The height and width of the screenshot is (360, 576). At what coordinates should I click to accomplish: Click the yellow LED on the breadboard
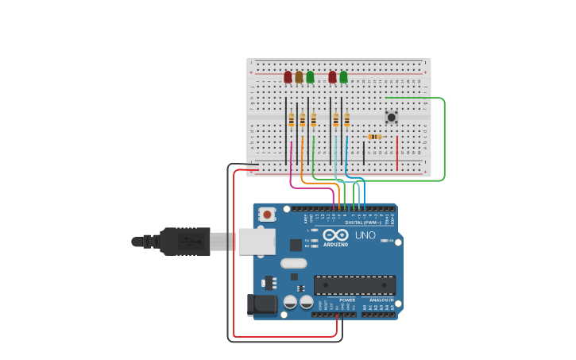(299, 77)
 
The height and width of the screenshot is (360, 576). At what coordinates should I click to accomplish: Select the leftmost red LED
(288, 77)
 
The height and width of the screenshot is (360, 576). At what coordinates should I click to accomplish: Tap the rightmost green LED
(343, 77)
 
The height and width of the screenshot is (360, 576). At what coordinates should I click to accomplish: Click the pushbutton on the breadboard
(391, 117)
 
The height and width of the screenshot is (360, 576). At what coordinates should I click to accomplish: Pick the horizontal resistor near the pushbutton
(374, 137)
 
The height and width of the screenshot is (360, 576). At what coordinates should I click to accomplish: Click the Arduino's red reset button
(268, 214)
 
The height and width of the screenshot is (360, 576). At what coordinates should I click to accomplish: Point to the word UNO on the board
(365, 235)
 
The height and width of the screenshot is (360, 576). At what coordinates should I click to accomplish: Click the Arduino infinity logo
(335, 235)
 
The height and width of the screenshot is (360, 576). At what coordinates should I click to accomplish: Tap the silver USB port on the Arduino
(257, 242)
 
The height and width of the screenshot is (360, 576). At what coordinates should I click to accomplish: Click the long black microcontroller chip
(354, 285)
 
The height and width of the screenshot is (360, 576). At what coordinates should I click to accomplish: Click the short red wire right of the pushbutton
(397, 153)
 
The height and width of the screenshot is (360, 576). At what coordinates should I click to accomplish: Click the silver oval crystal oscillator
(293, 263)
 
